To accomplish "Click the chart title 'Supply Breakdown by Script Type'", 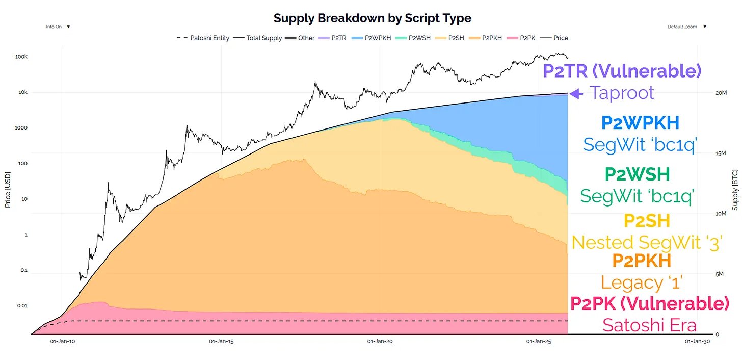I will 372,18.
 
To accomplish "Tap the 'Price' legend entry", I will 561,38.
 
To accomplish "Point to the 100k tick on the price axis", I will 21,57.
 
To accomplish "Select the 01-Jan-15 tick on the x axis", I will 221,341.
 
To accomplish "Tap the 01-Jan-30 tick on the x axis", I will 697,341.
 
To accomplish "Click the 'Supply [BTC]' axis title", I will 735,190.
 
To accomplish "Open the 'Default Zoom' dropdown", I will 687,27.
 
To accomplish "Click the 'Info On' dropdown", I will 58,27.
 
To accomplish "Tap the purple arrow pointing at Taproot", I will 575,93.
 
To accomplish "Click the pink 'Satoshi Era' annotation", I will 649,325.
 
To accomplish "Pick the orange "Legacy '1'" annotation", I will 642,282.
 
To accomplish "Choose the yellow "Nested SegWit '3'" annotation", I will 647,242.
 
